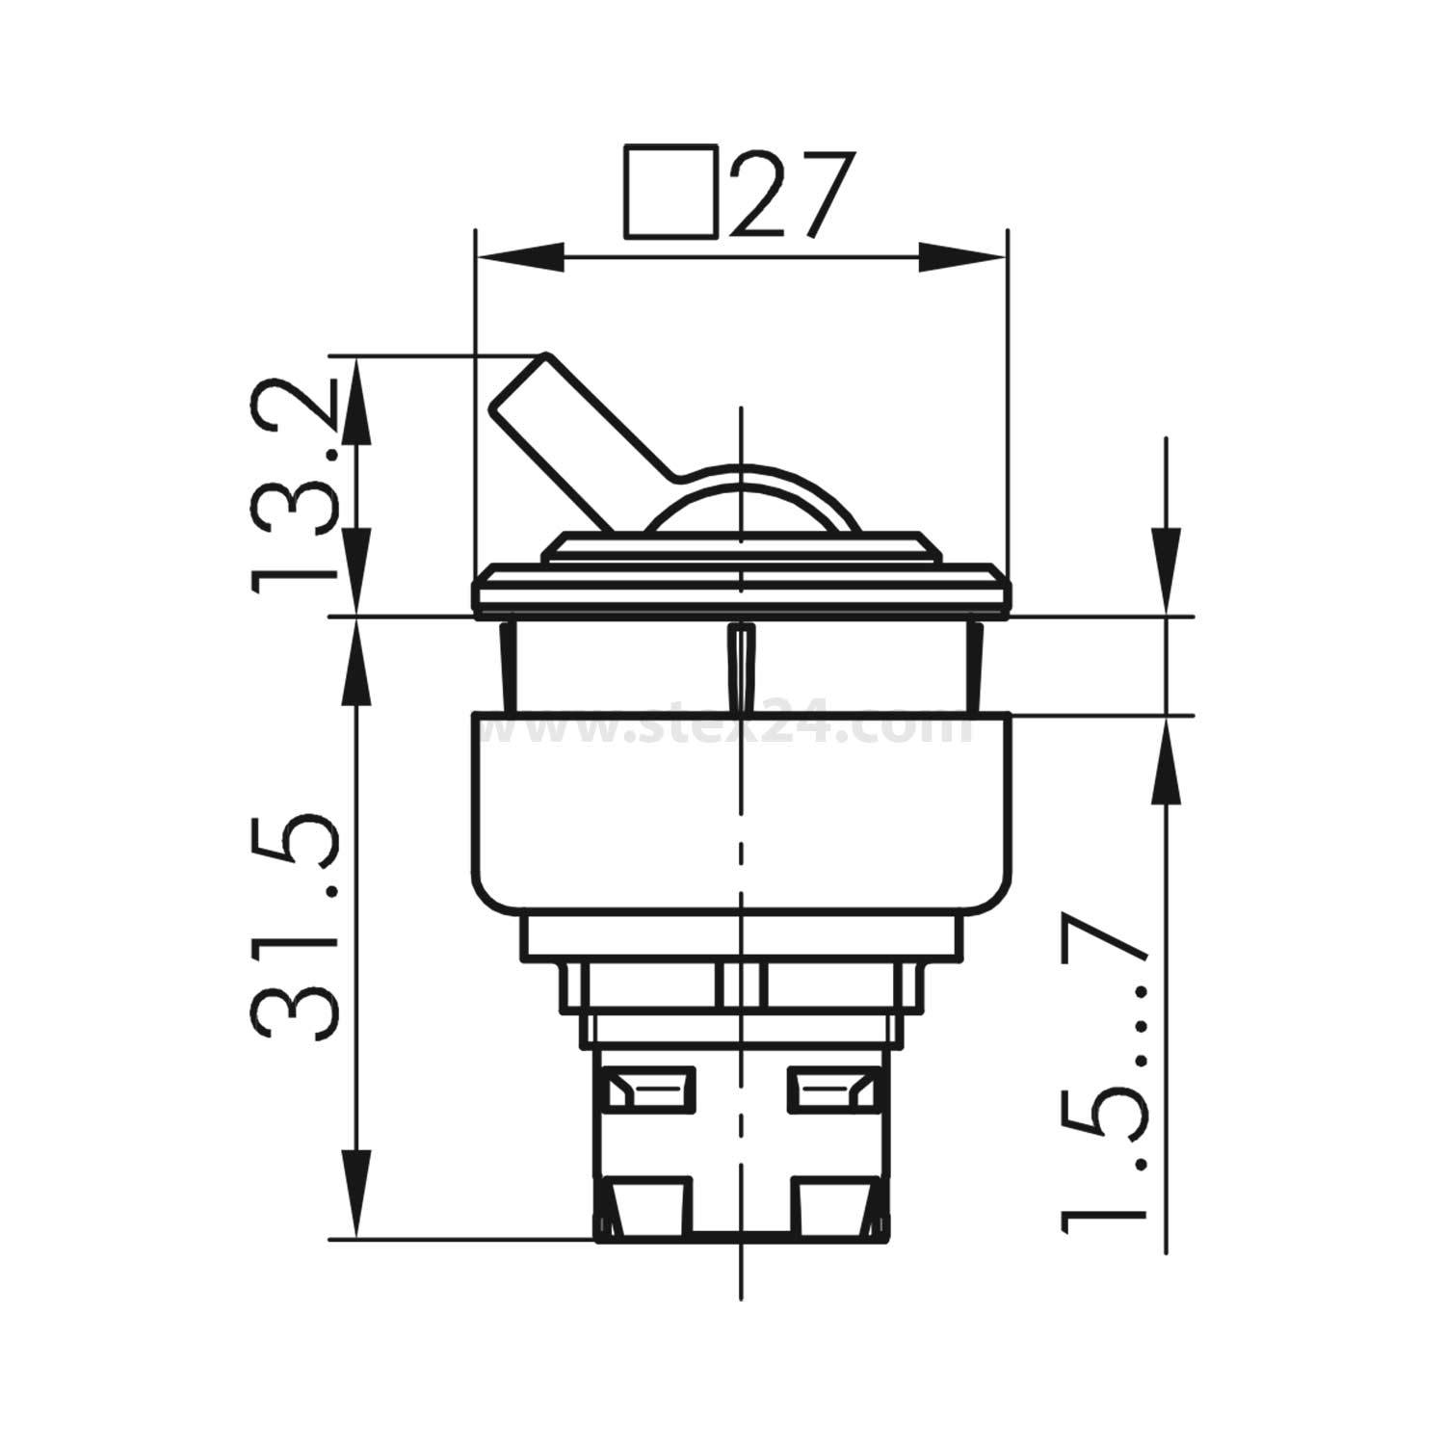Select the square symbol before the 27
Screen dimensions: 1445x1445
click(x=671, y=192)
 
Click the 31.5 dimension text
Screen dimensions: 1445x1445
click(x=294, y=929)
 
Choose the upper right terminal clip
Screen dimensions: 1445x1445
click(x=831, y=1090)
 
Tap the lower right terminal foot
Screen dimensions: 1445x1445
click(x=834, y=1208)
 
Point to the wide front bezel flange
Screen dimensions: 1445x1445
click(x=742, y=590)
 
